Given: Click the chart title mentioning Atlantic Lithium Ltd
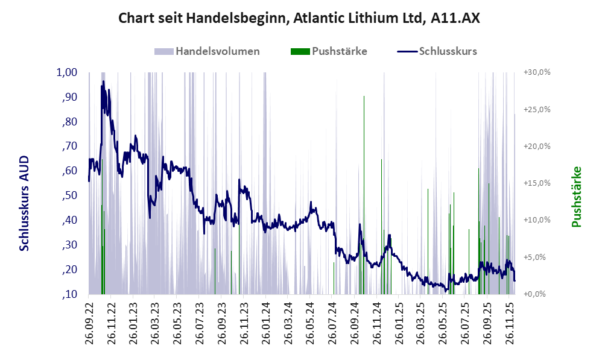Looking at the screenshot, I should (x=299, y=18).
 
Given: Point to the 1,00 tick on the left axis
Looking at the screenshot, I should (x=67, y=72).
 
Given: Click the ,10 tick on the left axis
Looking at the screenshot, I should (x=70, y=294).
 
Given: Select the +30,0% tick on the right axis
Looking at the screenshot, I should (x=537, y=72).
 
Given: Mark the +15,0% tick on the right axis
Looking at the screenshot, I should (x=537, y=183).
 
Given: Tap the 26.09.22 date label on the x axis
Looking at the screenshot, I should (x=89, y=323).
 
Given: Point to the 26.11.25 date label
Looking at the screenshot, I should (x=510, y=323).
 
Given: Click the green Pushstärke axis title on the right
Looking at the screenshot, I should (x=577, y=197).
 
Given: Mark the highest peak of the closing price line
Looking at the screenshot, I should (x=103, y=81).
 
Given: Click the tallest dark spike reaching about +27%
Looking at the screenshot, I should (x=364, y=96).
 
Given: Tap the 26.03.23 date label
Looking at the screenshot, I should (x=155, y=323).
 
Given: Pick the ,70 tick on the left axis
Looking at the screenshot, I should (x=70, y=147).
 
